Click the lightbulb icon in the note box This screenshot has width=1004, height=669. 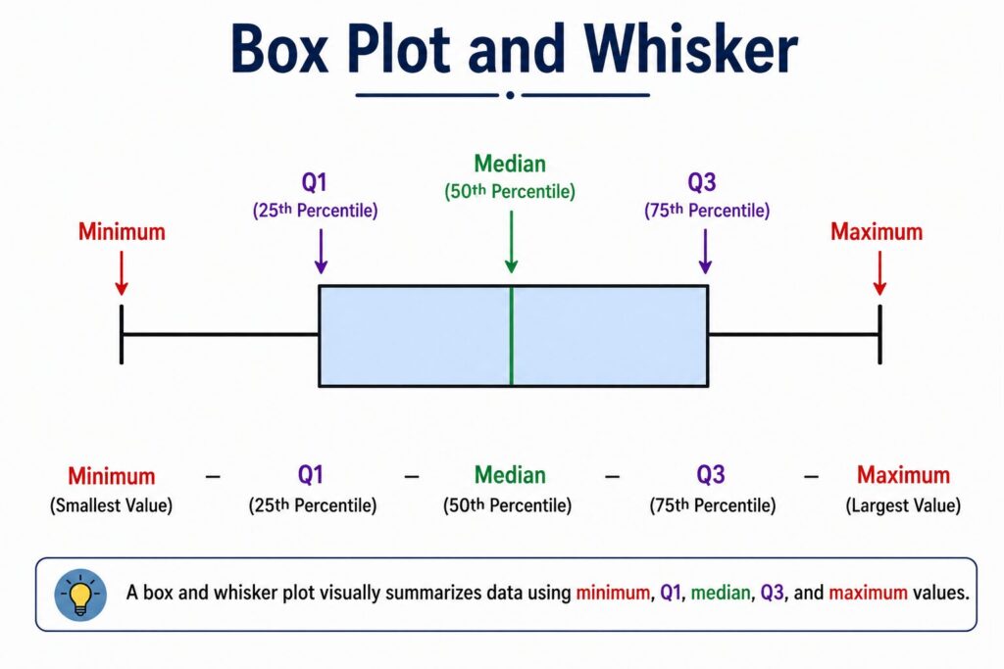pyautogui.click(x=80, y=595)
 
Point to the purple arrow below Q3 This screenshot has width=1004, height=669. pyautogui.click(x=705, y=253)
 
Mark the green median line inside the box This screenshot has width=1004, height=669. pyautogui.click(x=511, y=336)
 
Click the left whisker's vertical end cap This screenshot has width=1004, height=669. pyautogui.click(x=122, y=335)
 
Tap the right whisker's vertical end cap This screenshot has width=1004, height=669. pyautogui.click(x=879, y=335)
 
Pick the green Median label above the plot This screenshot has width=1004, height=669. pyautogui.click(x=510, y=164)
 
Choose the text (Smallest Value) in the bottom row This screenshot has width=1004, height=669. pyautogui.click(x=111, y=506)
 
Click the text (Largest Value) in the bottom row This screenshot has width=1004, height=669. pyautogui.click(x=903, y=506)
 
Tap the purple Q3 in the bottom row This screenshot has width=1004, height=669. pyautogui.click(x=711, y=476)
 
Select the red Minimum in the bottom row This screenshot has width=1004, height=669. pyautogui.click(x=111, y=477)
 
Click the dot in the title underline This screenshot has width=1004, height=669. pyautogui.click(x=510, y=95)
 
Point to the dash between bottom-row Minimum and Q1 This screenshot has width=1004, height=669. pyautogui.click(x=213, y=477)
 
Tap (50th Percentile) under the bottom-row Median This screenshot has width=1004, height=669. pyautogui.click(x=510, y=506)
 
